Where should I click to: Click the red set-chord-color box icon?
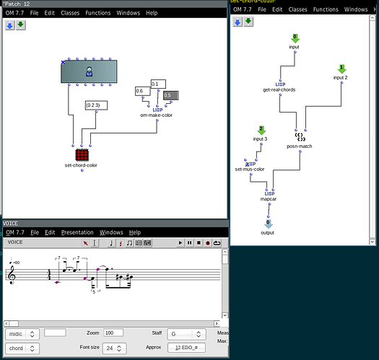pos(82,154)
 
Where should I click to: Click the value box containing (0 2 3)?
pos(96,105)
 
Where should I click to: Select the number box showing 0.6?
pos(141,90)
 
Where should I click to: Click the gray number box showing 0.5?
pos(170,95)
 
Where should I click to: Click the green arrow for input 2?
pos(342,69)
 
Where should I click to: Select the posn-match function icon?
pos(300,136)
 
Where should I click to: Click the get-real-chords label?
pos(279,90)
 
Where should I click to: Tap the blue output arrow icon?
pos(268,224)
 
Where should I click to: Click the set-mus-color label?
pos(250,170)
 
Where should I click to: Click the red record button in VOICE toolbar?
pos(207,243)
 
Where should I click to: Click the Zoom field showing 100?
pos(113,333)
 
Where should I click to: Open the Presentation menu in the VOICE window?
pos(77,232)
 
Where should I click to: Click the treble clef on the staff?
pos(12,275)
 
